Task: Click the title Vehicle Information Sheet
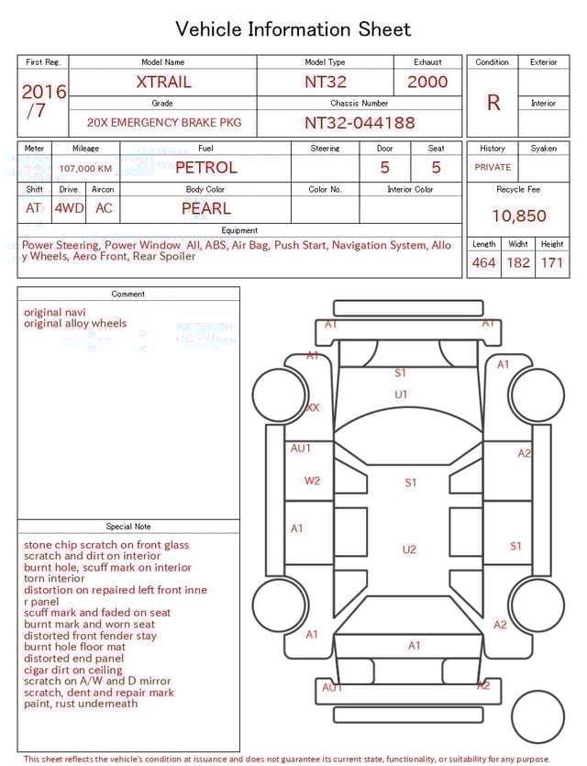(293, 29)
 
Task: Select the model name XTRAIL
(163, 82)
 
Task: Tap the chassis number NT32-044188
(360, 122)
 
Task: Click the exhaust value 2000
(427, 82)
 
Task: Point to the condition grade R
(493, 103)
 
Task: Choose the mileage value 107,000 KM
(85, 169)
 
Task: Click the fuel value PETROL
(205, 168)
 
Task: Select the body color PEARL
(205, 208)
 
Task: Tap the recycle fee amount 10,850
(518, 216)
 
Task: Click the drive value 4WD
(69, 208)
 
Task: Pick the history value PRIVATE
(493, 168)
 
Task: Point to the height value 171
(551, 263)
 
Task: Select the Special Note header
(128, 527)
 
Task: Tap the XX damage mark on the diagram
(313, 407)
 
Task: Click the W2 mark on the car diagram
(312, 481)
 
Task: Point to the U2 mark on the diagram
(409, 550)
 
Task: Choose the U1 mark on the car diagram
(401, 394)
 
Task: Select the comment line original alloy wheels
(75, 324)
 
